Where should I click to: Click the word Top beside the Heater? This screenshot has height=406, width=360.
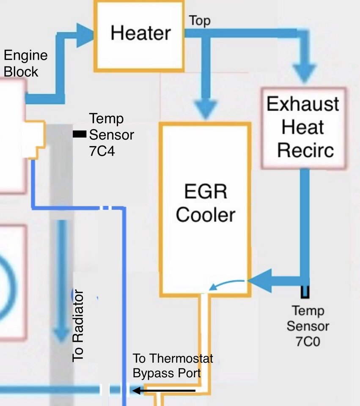199,21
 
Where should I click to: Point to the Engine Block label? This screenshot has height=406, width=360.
26,63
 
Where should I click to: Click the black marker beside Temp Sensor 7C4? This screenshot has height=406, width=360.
80,134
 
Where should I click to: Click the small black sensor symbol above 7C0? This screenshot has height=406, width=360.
305,292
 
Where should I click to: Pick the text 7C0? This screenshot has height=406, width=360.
308,342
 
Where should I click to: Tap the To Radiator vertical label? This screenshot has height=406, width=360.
78,326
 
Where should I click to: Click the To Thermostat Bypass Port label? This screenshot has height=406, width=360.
173,365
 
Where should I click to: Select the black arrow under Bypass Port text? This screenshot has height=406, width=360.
164,390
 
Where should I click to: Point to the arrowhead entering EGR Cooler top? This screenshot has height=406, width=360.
206,110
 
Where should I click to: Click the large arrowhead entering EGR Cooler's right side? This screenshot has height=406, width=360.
260,281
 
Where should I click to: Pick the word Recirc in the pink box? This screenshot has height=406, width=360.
305,150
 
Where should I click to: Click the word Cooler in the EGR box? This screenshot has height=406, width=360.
205,215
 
